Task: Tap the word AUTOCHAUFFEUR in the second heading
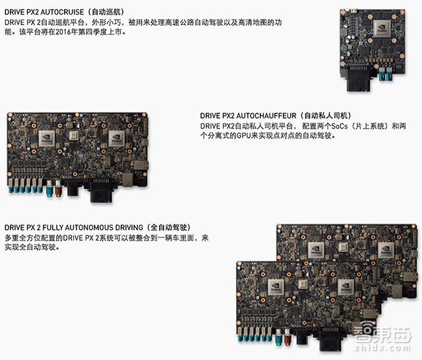coord(266,115)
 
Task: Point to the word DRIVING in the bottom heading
coord(129,227)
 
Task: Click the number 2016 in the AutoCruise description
coord(63,32)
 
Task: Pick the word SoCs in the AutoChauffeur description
coord(340,126)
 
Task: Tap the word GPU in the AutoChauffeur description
coord(244,136)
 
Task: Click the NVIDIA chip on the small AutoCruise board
coord(382,28)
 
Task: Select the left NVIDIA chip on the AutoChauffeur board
coord(47,138)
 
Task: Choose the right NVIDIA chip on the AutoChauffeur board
coord(117,138)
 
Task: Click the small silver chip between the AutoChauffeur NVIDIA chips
coord(74,135)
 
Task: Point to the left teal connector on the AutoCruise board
coord(382,75)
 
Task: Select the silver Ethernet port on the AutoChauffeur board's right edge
coord(140,165)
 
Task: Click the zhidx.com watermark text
coord(382,347)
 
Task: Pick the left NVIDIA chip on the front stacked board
coord(276,287)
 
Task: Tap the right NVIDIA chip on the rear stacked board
coord(386,250)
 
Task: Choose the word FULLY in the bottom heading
coord(53,227)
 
